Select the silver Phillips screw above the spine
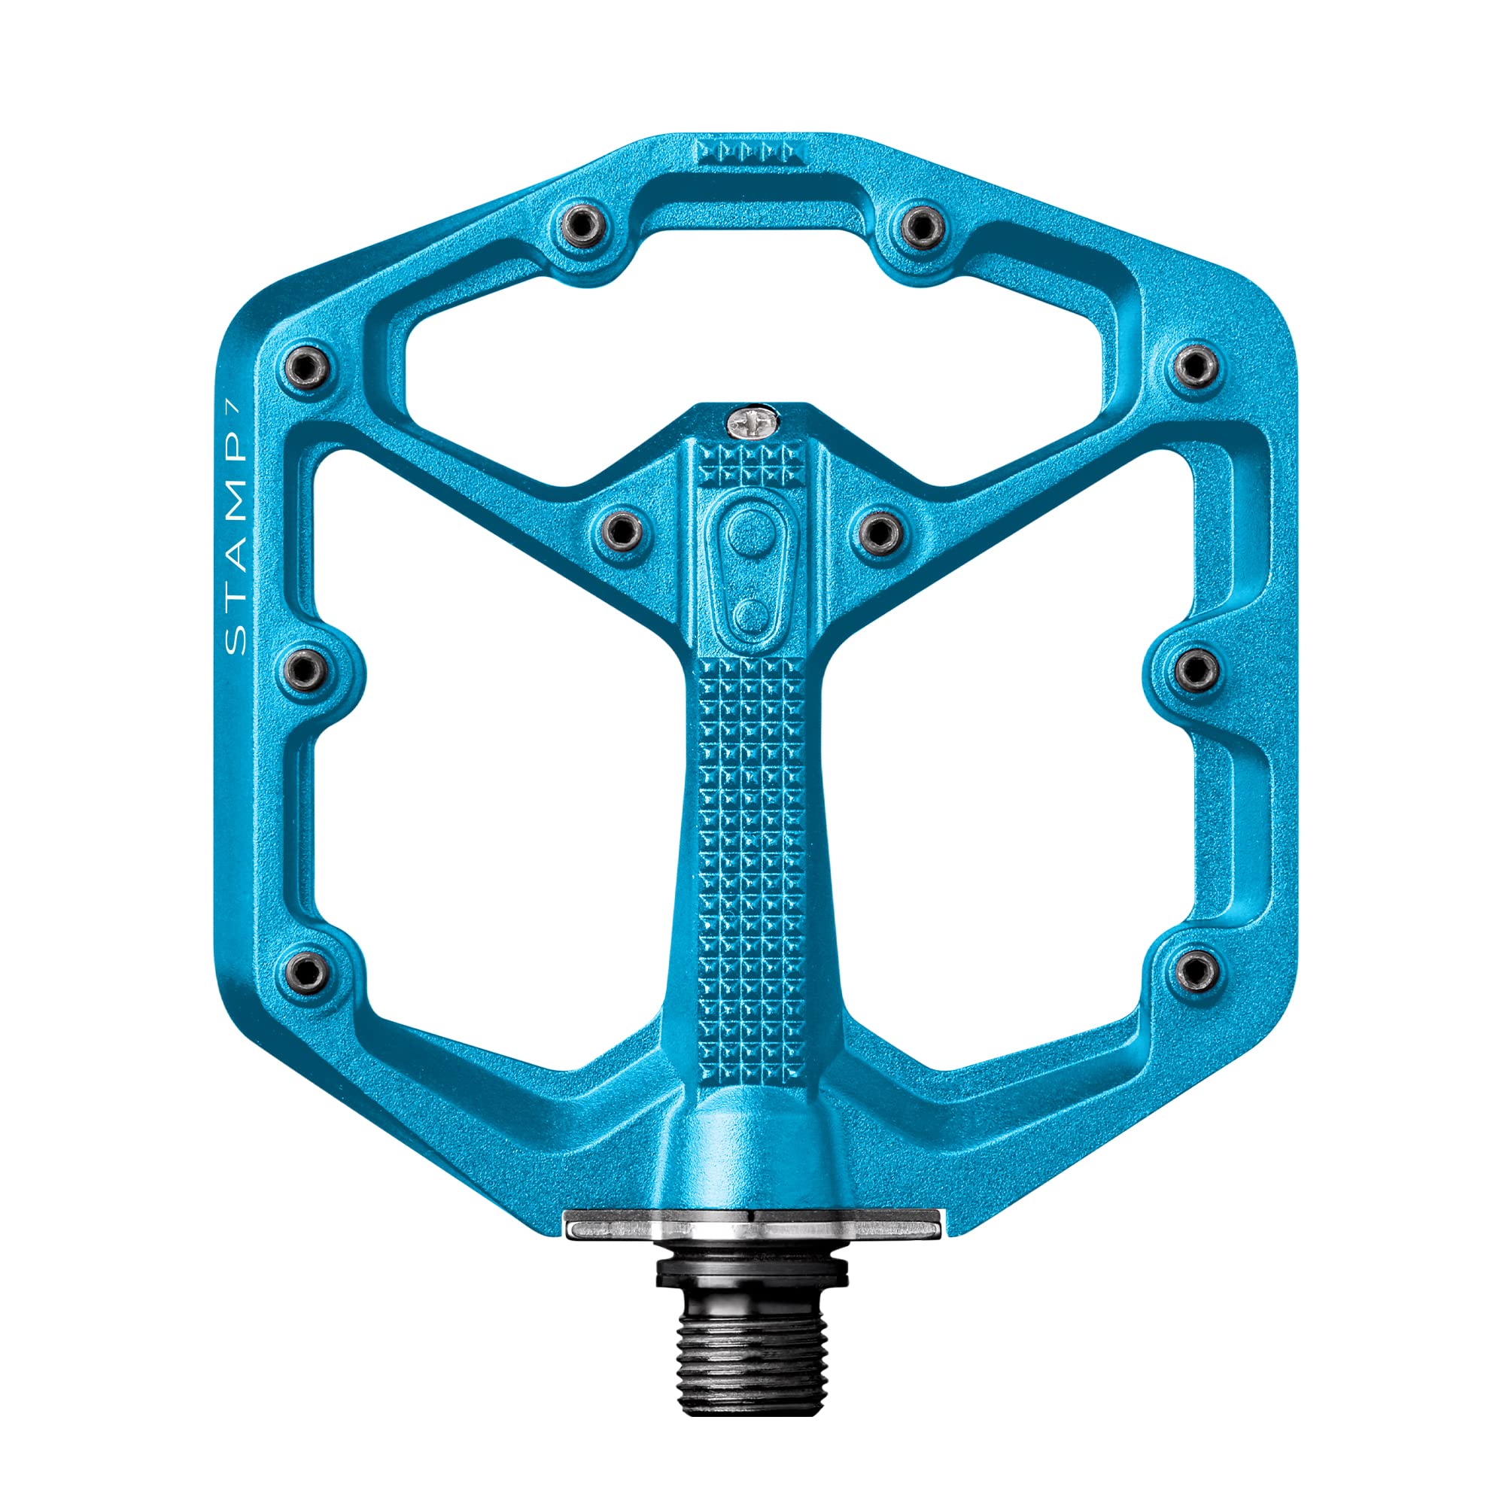752,423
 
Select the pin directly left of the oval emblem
622,531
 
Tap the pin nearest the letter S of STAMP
309,668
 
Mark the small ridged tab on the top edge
751,150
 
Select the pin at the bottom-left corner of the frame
310,970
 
